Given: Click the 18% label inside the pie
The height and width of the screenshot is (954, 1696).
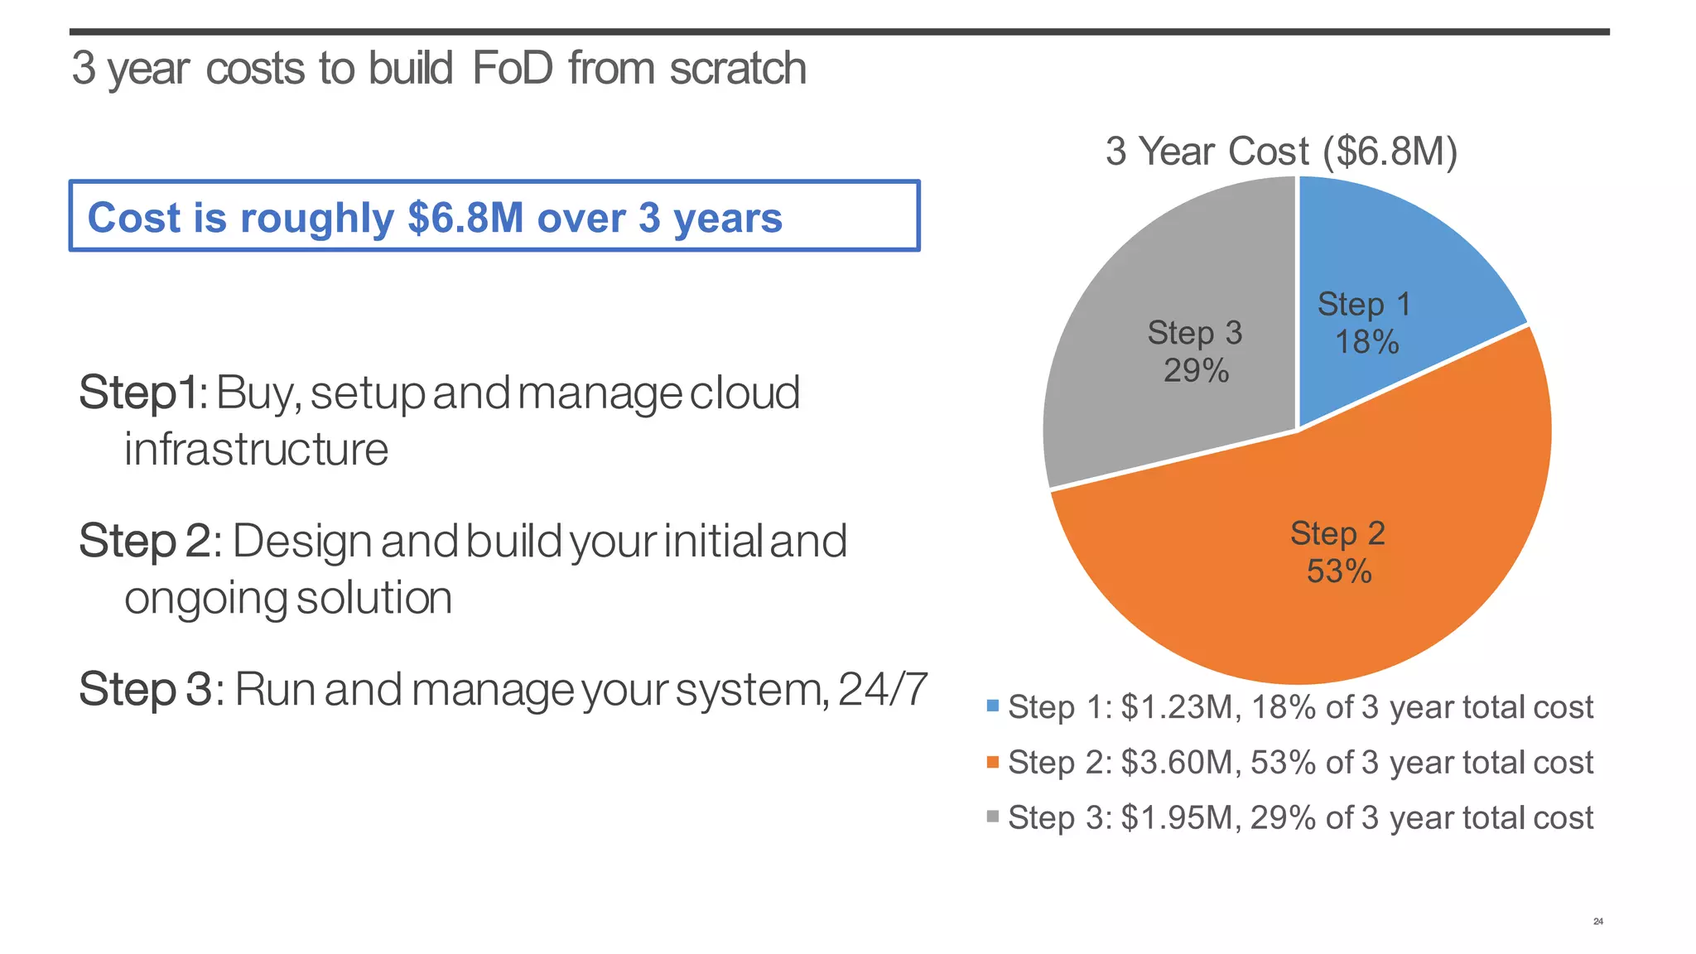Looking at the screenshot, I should click(x=1366, y=342).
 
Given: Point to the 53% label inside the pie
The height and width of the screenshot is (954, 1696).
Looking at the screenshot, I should click(x=1339, y=571).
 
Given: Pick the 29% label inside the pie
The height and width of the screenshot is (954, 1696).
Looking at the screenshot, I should click(x=1196, y=371).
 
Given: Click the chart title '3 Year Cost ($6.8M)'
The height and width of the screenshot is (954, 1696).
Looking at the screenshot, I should click(x=1281, y=152).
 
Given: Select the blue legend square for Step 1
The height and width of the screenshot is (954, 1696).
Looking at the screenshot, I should click(x=993, y=706).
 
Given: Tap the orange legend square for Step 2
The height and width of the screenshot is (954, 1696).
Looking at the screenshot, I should click(x=993, y=762).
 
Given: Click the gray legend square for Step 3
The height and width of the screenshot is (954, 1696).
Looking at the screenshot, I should click(x=993, y=817).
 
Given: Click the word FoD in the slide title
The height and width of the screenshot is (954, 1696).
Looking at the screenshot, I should click(x=512, y=68).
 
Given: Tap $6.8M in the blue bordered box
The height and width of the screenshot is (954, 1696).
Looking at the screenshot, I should click(x=465, y=218).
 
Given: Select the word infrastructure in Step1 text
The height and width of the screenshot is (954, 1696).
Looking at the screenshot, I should click(x=256, y=450).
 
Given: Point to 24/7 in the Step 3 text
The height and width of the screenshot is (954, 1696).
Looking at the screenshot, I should click(x=883, y=689).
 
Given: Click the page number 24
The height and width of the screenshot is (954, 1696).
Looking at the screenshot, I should click(x=1597, y=922).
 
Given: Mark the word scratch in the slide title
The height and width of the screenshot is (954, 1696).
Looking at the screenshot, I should click(x=738, y=68).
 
